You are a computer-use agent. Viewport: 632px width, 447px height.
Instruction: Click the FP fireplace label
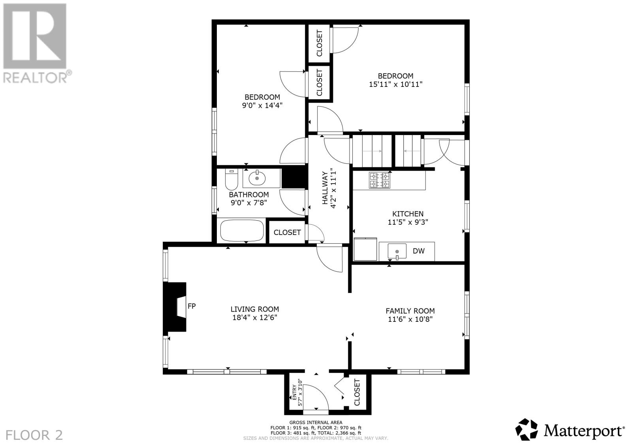[x=192, y=306]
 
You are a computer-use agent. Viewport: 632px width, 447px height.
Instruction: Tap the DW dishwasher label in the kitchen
[x=418, y=251]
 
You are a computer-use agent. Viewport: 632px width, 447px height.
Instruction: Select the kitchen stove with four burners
[x=380, y=180]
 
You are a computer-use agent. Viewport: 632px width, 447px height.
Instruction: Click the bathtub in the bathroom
[x=242, y=231]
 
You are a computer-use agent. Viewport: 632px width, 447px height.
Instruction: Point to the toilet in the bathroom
[x=231, y=179]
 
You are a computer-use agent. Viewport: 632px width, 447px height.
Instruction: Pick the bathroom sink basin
[x=257, y=178]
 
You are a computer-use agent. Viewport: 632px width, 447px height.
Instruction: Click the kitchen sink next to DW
[x=397, y=251]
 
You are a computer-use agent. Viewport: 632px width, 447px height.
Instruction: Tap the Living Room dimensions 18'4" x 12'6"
[x=255, y=317]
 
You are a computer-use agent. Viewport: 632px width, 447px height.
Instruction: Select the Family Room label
[x=410, y=311]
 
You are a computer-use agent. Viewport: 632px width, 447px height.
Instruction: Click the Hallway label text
[x=325, y=188]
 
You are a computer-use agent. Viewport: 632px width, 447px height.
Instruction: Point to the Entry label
[x=294, y=393]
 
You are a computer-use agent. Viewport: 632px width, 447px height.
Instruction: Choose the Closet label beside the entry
[x=357, y=392]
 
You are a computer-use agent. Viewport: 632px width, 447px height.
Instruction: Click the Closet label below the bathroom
[x=287, y=232]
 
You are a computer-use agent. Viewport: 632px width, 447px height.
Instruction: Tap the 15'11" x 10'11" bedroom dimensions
[x=395, y=85]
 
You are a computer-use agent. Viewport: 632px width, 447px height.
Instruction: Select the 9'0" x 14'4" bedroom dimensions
[x=262, y=105]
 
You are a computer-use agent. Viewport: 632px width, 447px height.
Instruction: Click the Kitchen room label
[x=408, y=214]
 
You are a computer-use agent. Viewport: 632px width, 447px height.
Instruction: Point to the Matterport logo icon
[x=527, y=430]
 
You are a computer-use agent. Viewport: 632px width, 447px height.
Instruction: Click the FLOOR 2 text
[x=34, y=435]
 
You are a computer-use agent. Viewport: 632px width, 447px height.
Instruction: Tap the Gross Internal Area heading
[x=316, y=422]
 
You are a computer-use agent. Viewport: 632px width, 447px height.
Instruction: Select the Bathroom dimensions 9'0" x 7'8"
[x=249, y=203]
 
